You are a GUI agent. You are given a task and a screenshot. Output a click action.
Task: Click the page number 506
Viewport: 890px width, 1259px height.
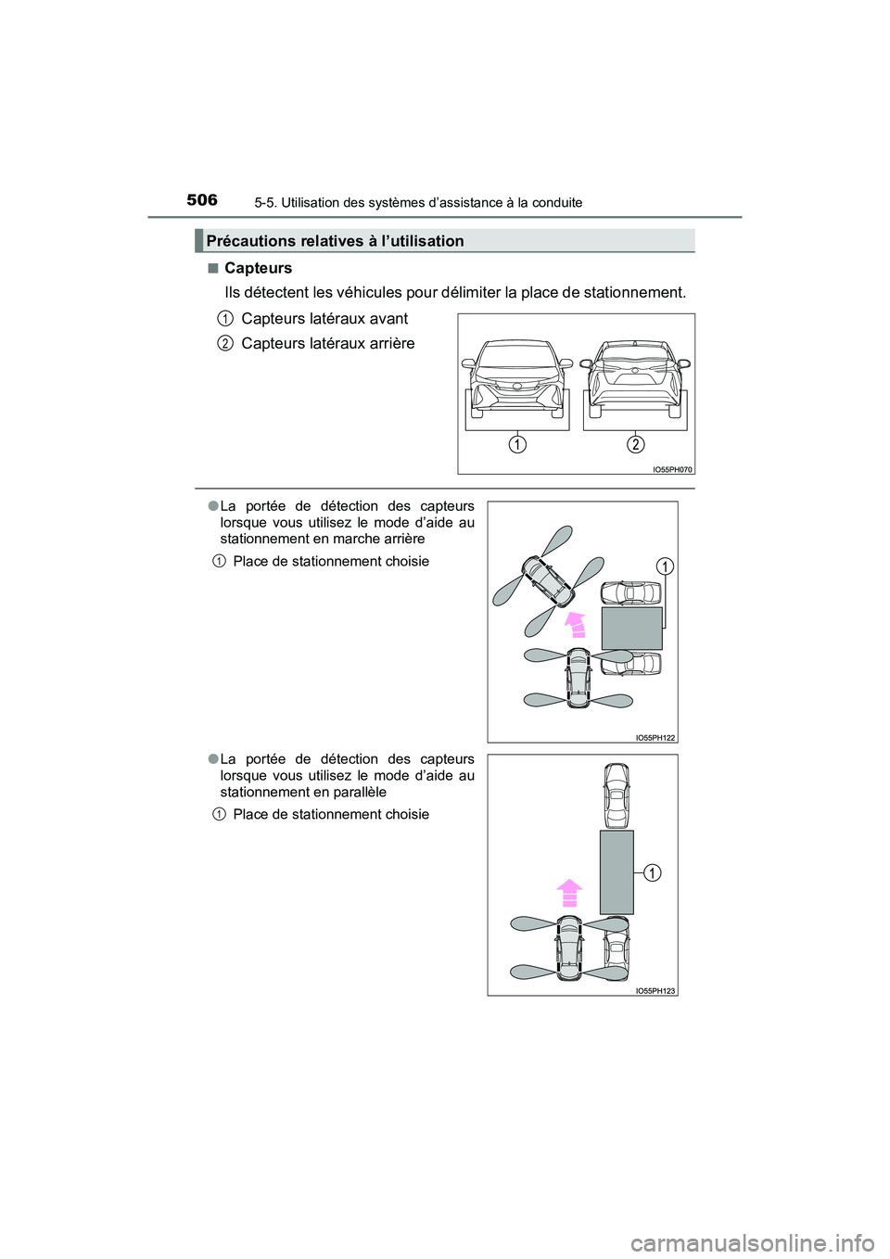click(x=201, y=200)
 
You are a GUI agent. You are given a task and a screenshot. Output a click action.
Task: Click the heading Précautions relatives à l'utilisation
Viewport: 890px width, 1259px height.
click(x=335, y=241)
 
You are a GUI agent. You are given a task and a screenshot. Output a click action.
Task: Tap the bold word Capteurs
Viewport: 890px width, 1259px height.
click(x=258, y=268)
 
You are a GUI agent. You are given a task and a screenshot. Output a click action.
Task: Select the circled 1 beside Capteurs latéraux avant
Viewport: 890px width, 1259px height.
click(x=225, y=318)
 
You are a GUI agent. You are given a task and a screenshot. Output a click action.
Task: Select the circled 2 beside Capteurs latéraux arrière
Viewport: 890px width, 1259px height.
click(x=225, y=343)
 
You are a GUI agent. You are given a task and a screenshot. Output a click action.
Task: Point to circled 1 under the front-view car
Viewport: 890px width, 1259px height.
click(x=516, y=445)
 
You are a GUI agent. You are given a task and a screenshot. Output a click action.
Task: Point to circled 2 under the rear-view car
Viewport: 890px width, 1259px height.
click(x=635, y=445)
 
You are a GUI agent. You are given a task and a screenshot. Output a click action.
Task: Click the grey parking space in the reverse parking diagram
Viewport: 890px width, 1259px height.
click(x=631, y=629)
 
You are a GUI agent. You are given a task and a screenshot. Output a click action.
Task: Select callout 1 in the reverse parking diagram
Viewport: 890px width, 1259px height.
click(x=665, y=566)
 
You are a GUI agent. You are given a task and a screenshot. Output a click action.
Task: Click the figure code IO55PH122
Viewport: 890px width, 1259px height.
click(x=655, y=738)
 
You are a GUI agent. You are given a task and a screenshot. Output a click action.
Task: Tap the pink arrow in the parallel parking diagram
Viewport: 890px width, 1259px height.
click(x=569, y=893)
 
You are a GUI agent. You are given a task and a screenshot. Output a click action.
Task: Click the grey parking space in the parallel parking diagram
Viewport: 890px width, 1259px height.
click(x=617, y=871)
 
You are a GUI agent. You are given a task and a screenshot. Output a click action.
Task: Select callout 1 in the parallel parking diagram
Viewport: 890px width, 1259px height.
click(x=653, y=872)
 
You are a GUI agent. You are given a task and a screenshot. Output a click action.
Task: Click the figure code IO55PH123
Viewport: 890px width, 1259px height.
click(x=655, y=991)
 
